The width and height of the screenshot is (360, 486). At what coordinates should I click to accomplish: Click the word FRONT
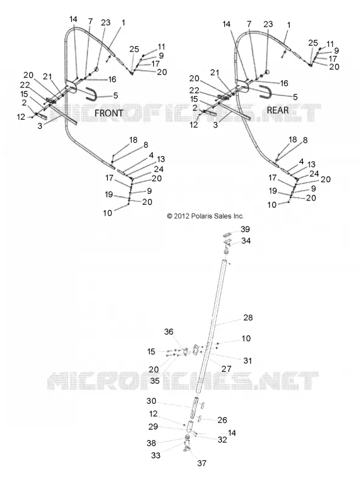[109, 113]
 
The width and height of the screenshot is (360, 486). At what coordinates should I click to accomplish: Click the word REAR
[278, 110]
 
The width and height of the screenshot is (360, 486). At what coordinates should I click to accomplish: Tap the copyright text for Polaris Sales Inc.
[206, 216]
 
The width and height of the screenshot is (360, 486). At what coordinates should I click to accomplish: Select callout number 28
[248, 317]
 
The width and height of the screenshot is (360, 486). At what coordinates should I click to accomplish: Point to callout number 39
[245, 229]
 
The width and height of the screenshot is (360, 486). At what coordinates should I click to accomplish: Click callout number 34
[246, 241]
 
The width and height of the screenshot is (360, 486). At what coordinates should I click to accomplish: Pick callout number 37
[202, 463]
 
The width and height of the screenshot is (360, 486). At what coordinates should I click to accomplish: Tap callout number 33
[156, 455]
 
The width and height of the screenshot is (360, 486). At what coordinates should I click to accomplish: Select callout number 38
[151, 443]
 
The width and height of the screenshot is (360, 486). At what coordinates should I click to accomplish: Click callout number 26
[222, 420]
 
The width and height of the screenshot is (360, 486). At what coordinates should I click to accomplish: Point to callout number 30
[151, 401]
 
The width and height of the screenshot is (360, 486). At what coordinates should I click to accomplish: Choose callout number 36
[168, 332]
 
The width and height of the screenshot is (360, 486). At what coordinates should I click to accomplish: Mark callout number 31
[247, 360]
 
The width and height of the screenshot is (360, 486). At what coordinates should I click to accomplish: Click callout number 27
[227, 369]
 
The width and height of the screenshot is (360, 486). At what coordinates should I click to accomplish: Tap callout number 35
[154, 380]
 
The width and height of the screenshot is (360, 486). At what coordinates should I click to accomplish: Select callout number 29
[153, 426]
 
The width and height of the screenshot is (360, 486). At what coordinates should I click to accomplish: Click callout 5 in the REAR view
[295, 97]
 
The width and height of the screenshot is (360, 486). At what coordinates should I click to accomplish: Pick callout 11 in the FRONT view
[161, 47]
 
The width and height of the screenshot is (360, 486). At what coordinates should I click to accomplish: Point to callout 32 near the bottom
[222, 439]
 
